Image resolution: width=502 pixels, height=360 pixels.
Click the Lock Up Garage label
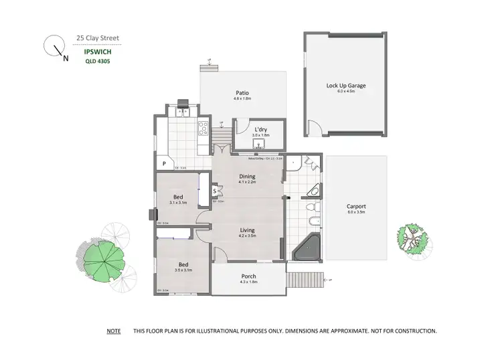(x=345, y=86)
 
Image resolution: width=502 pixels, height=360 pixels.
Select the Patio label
(x=242, y=93)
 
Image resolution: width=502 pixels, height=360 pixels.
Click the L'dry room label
(x=260, y=129)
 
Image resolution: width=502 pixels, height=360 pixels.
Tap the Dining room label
(x=248, y=177)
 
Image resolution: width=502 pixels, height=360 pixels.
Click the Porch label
(x=248, y=276)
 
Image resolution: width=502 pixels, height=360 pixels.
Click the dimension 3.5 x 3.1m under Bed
(x=183, y=270)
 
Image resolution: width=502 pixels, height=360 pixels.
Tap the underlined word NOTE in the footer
(x=113, y=331)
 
